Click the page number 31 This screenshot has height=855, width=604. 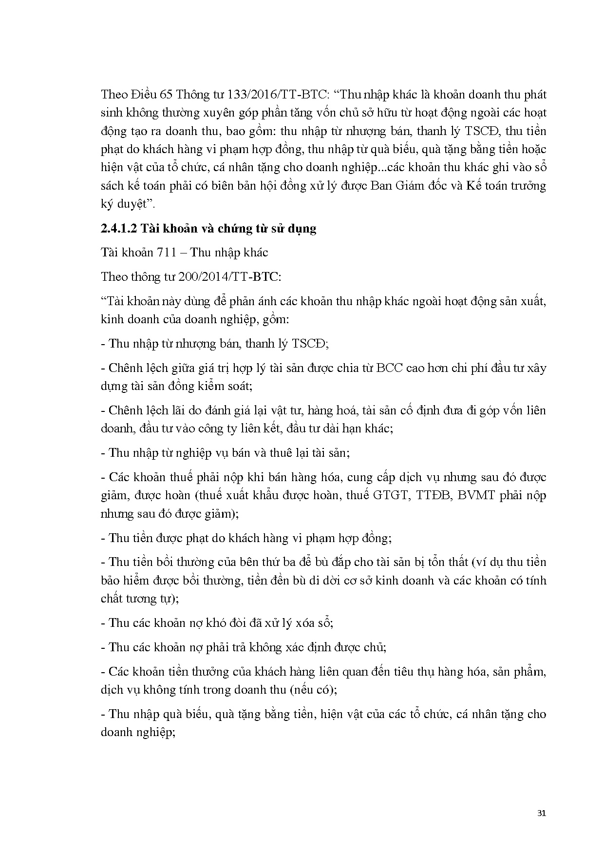(x=541, y=813)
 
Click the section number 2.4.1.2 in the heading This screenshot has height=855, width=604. (x=119, y=228)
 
